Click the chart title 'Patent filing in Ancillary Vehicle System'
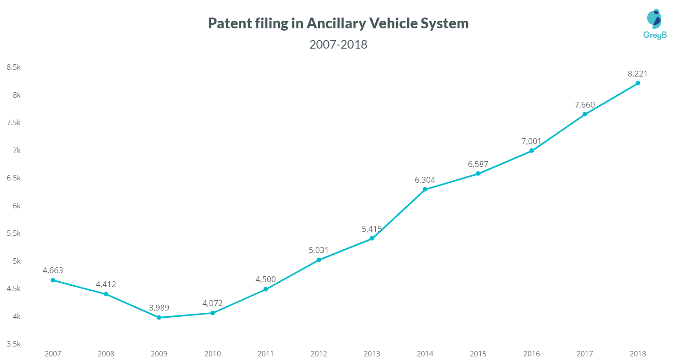pyautogui.click(x=338, y=23)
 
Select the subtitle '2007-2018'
pyautogui.click(x=338, y=45)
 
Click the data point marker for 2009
pyautogui.click(x=159, y=318)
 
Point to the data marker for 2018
pyautogui.click(x=638, y=83)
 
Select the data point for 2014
pyautogui.click(x=425, y=189)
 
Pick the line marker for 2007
pyautogui.click(x=53, y=280)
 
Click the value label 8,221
pyautogui.click(x=638, y=74)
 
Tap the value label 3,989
pyautogui.click(x=159, y=308)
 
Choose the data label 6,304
pyautogui.click(x=425, y=180)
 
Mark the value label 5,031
pyautogui.click(x=319, y=250)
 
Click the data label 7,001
pyautogui.click(x=531, y=141)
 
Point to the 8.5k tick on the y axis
pyautogui.click(x=13, y=67)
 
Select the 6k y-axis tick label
pyautogui.click(x=15, y=206)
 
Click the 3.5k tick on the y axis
pyautogui.click(x=13, y=344)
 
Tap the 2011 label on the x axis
pyautogui.click(x=265, y=354)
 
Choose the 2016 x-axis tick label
pyautogui.click(x=531, y=354)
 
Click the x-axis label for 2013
pyautogui.click(x=372, y=354)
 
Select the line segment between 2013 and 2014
pyautogui.click(x=398, y=214)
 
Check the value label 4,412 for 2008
pyautogui.click(x=106, y=284)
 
